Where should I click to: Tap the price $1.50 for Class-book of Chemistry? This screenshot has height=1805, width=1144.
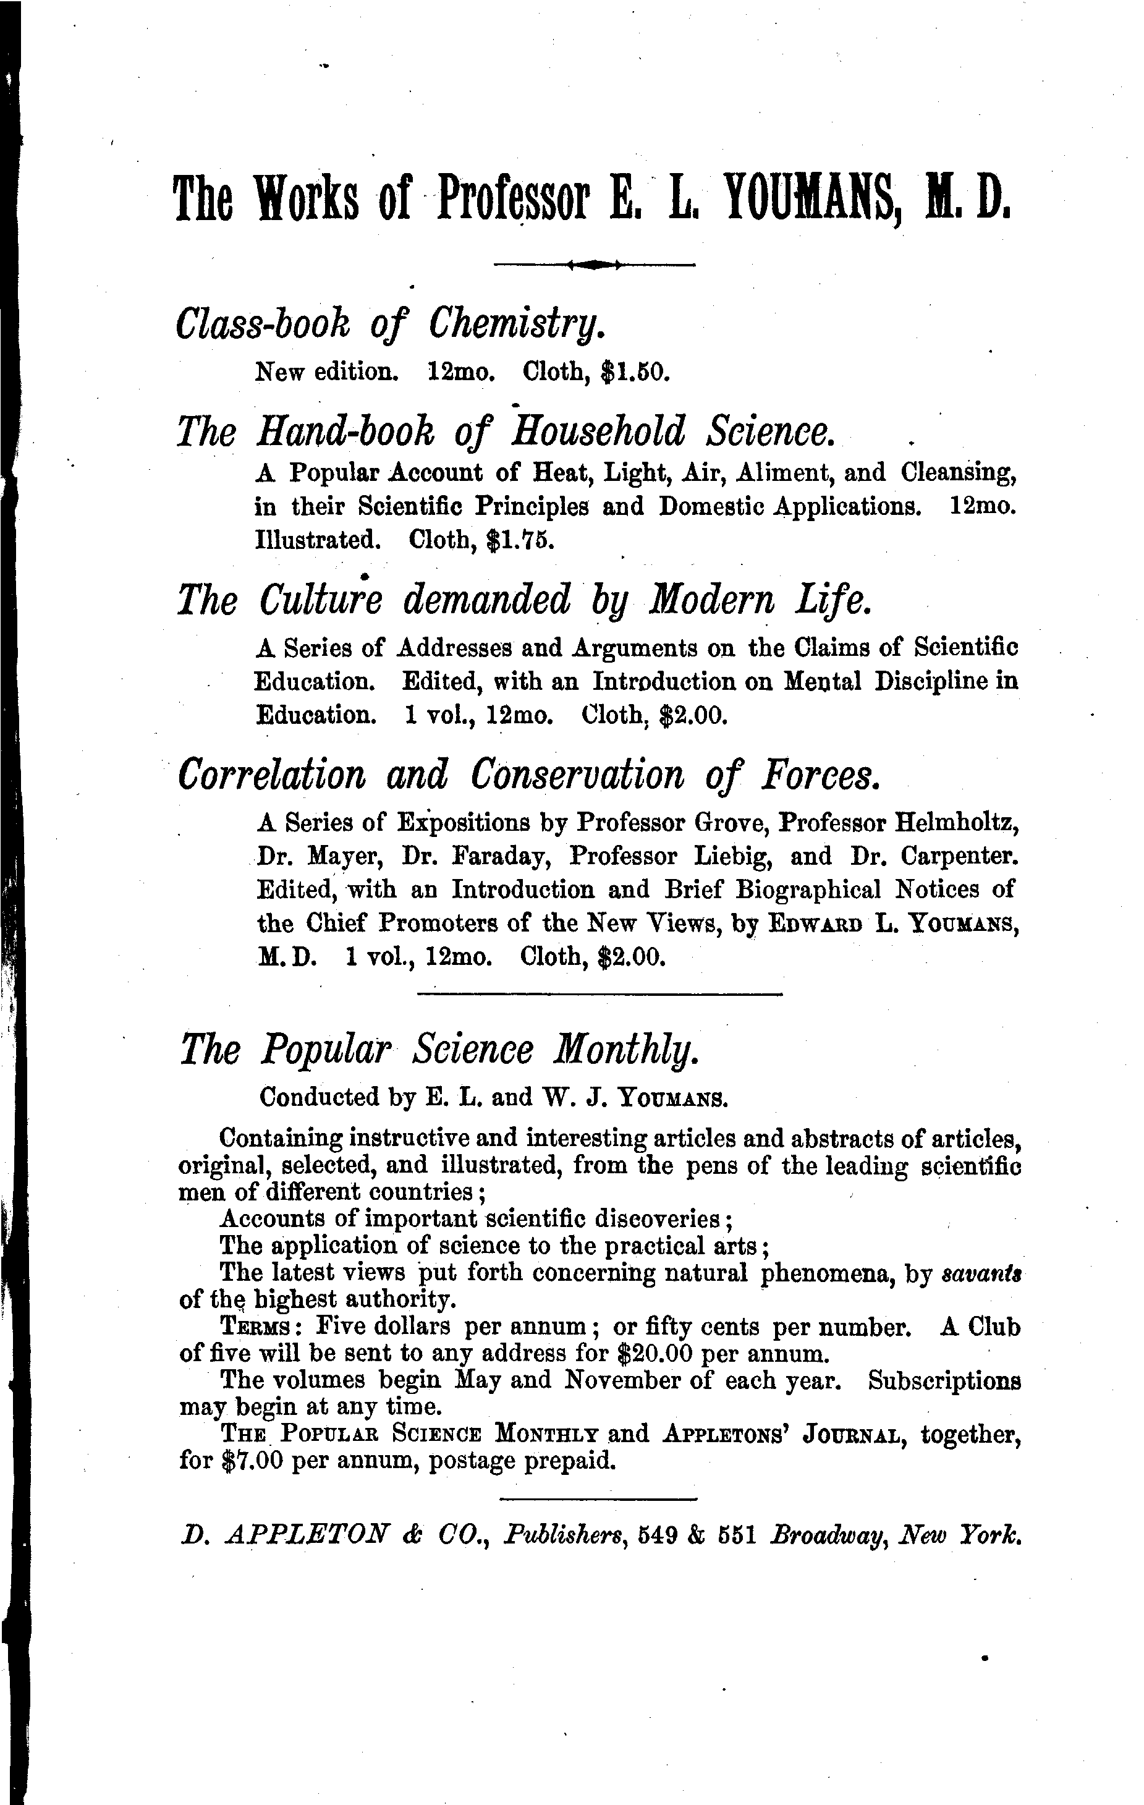tap(634, 371)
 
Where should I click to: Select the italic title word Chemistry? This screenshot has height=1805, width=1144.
tap(517, 325)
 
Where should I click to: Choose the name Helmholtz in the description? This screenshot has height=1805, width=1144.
tap(956, 822)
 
